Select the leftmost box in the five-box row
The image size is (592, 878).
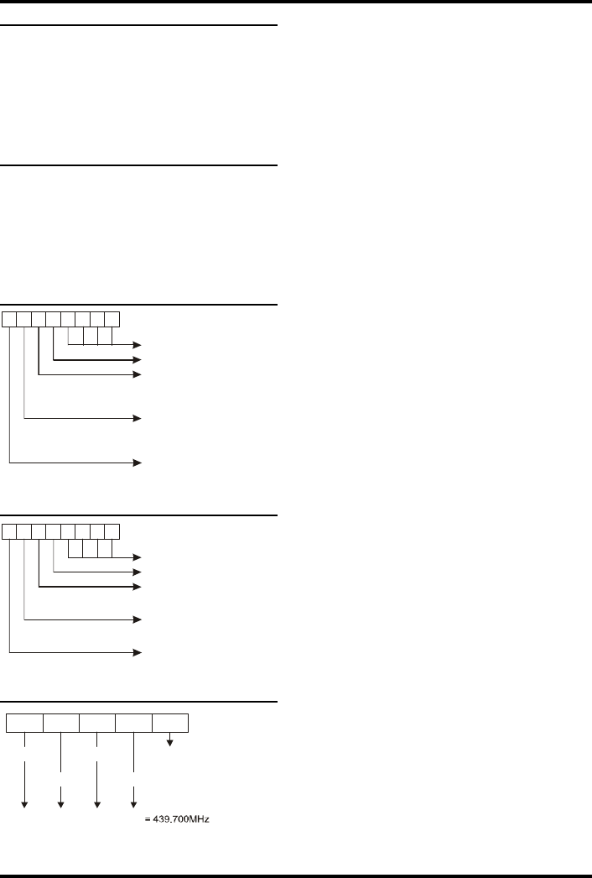pyautogui.click(x=25, y=722)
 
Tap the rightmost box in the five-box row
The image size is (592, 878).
pyautogui.click(x=170, y=722)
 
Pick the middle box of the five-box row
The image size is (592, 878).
pyautogui.click(x=97, y=722)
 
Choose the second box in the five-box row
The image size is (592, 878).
pyautogui.click(x=61, y=722)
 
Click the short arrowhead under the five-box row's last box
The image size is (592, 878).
pyautogui.click(x=170, y=740)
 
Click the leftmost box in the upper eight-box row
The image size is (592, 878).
pyautogui.click(x=9, y=318)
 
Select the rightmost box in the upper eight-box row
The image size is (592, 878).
pyautogui.click(x=112, y=318)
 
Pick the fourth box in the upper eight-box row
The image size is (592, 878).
pyautogui.click(x=54, y=318)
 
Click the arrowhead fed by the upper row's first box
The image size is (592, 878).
pyautogui.click(x=139, y=462)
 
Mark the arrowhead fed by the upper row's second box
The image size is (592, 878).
pyautogui.click(x=139, y=417)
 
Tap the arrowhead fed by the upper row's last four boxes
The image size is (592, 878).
pyautogui.click(x=139, y=345)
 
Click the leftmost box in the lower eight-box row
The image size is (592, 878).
pyautogui.click(x=9, y=530)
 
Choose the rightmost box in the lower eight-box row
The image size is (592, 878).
pyautogui.click(x=112, y=530)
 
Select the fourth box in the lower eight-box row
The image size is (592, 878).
pyautogui.click(x=54, y=530)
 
